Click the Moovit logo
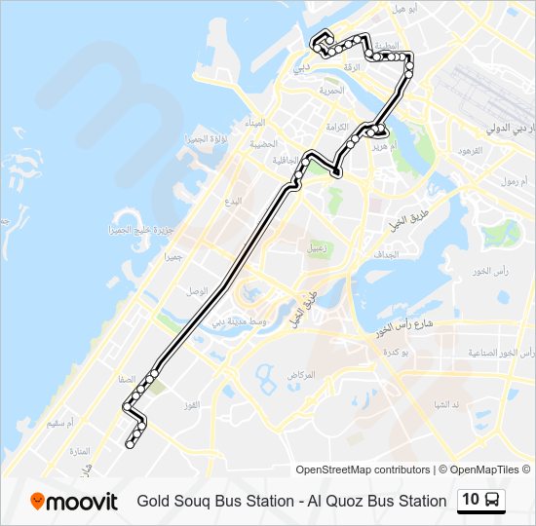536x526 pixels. [x=74, y=501]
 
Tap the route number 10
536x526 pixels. [x=471, y=500]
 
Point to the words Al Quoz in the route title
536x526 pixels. [x=337, y=502]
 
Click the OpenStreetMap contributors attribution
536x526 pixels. [x=363, y=470]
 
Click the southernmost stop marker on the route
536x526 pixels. [x=130, y=445]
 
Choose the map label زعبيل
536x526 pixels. [x=319, y=246]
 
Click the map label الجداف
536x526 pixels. [x=385, y=255]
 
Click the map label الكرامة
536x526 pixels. [x=336, y=126]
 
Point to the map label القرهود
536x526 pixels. [x=469, y=151]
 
